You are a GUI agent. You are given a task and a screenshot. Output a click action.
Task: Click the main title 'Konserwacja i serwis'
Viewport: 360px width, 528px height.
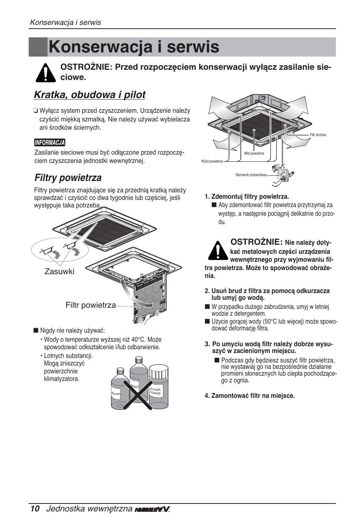[134, 48]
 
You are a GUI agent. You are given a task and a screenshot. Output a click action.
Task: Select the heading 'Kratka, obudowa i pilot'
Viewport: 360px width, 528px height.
[89, 95]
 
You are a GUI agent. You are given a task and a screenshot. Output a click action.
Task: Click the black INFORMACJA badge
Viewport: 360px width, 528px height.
[49, 143]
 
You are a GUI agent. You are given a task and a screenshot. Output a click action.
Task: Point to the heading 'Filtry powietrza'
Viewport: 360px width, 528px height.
[68, 178]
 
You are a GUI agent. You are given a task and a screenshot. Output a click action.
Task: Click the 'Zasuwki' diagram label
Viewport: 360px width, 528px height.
[59, 272]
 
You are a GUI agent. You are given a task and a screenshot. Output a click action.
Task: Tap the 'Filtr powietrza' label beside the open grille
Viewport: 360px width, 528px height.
[91, 305]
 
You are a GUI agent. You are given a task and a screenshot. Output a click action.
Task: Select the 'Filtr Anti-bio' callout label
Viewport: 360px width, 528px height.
[318, 135]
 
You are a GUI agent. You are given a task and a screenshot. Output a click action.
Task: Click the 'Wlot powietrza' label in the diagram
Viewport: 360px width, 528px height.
[254, 153]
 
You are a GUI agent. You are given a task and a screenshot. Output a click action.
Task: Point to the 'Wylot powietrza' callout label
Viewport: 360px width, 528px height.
[212, 161]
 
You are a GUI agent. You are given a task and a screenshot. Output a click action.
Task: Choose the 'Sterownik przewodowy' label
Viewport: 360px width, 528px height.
[251, 175]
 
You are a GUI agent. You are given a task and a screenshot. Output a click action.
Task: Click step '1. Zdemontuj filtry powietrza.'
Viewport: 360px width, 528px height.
[247, 196]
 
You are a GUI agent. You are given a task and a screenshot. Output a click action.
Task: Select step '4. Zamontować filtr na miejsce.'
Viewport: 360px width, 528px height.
[249, 396]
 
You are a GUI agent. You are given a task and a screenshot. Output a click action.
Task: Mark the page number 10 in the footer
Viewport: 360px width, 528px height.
[35, 508]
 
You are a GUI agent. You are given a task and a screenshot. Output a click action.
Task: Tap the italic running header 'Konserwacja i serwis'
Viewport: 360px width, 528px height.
[66, 22]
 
